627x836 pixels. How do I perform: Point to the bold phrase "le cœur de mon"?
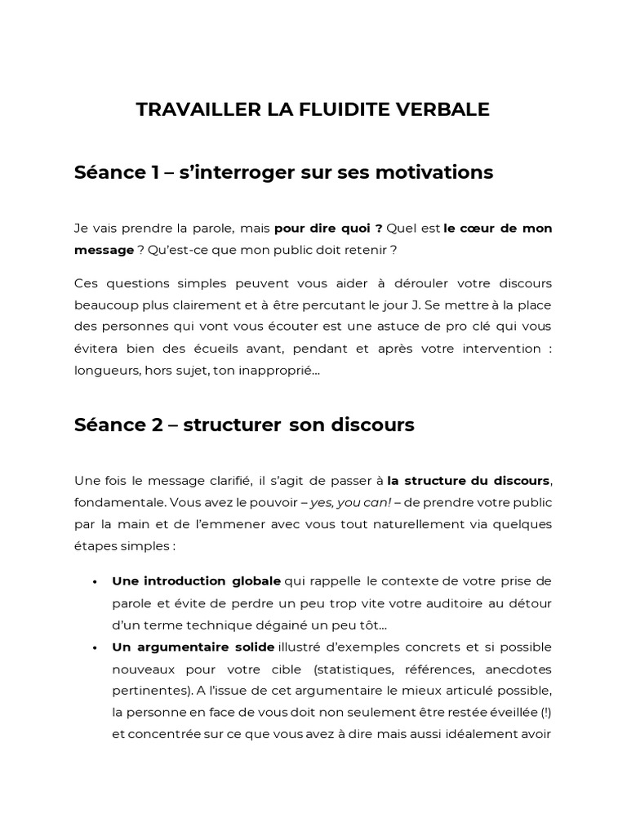pyautogui.click(x=497, y=228)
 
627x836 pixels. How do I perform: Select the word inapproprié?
pyautogui.click(x=265, y=371)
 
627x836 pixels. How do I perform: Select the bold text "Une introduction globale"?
pyautogui.click(x=196, y=580)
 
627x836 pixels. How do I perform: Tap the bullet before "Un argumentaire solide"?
pyautogui.click(x=96, y=647)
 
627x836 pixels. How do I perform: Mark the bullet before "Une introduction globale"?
pyautogui.click(x=96, y=581)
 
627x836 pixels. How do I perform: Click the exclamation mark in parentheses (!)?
pyautogui.click(x=545, y=712)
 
